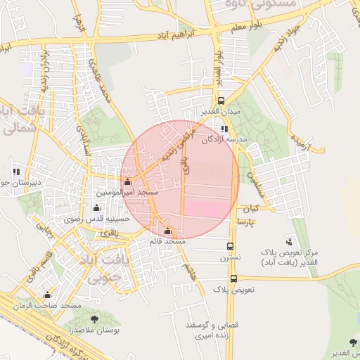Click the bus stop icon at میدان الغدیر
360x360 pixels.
pyautogui.click(x=221, y=101)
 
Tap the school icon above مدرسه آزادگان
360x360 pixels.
pyautogui.click(x=224, y=129)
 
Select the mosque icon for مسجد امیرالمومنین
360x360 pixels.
pyautogui.click(x=127, y=182)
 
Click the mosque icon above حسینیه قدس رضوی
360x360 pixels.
pyautogui.click(x=96, y=208)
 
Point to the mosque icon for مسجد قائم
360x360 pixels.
pyautogui.click(x=167, y=231)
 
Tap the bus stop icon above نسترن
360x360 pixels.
pyautogui.click(x=231, y=246)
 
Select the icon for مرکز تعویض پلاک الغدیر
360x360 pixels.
pyautogui.click(x=290, y=241)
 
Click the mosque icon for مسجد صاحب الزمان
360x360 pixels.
pyautogui.click(x=48, y=295)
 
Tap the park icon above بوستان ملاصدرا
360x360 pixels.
pyautogui.click(x=94, y=320)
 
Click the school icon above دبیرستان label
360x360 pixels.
pyautogui.click(x=15, y=172)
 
